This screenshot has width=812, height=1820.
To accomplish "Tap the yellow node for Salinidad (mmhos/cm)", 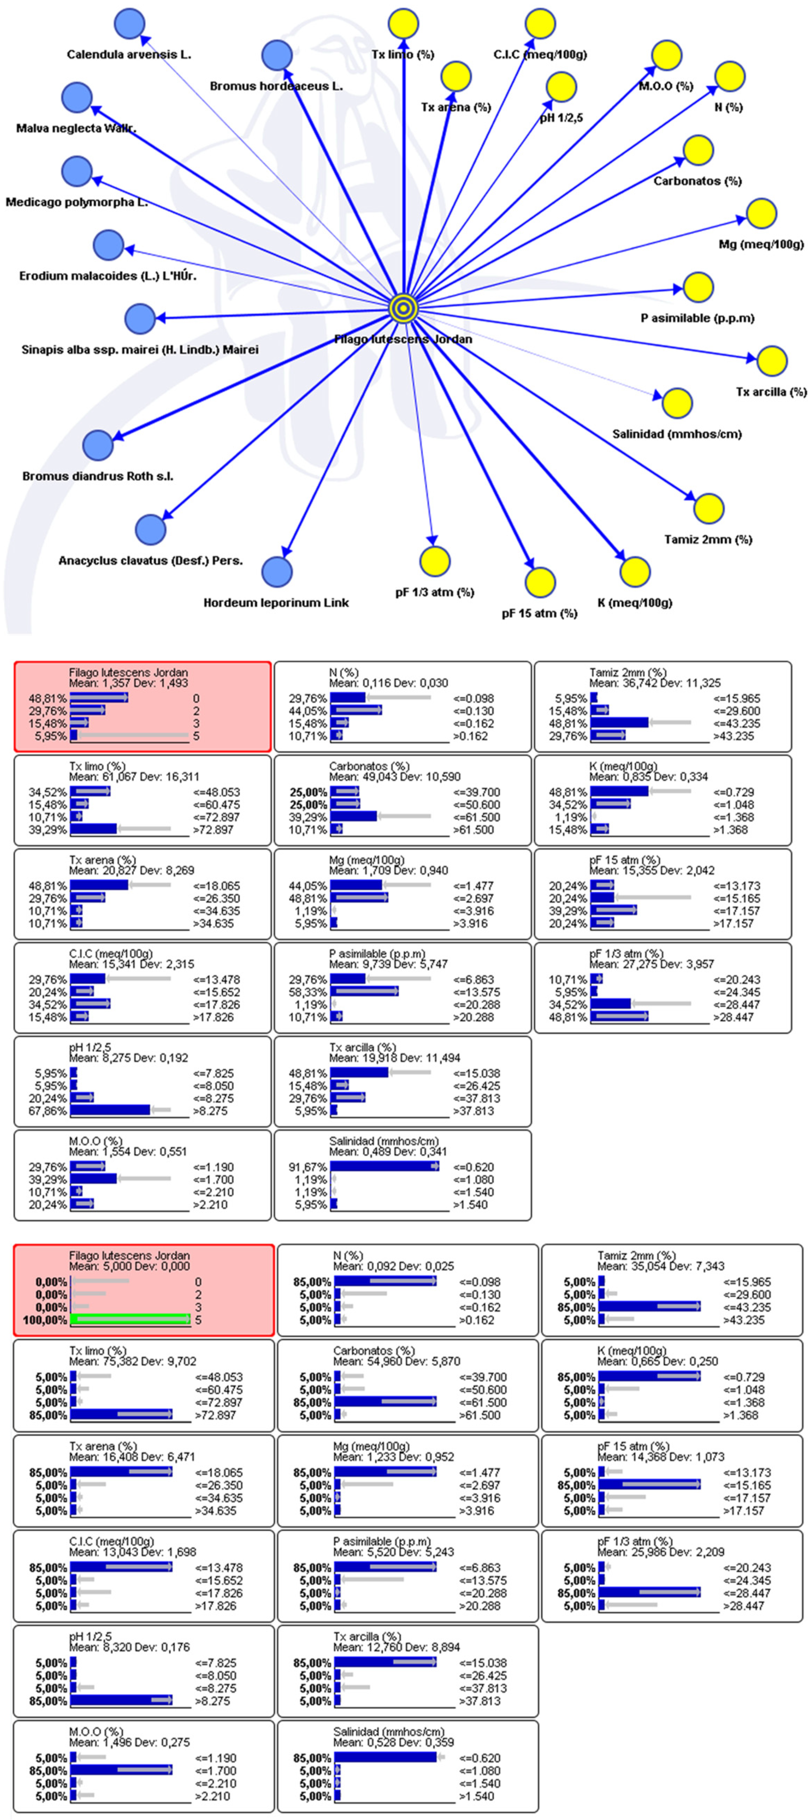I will [677, 403].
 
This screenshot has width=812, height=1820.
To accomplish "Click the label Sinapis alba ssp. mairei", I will [140, 350].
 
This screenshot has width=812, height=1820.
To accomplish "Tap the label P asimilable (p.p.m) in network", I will [697, 318].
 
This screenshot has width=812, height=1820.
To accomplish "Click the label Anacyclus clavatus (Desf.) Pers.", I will [150, 560].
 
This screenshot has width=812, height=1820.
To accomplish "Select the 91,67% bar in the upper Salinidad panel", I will [385, 1166].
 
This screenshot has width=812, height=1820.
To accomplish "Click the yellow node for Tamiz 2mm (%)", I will [708, 509].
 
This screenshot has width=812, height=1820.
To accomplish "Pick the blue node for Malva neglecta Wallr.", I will [76, 98].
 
